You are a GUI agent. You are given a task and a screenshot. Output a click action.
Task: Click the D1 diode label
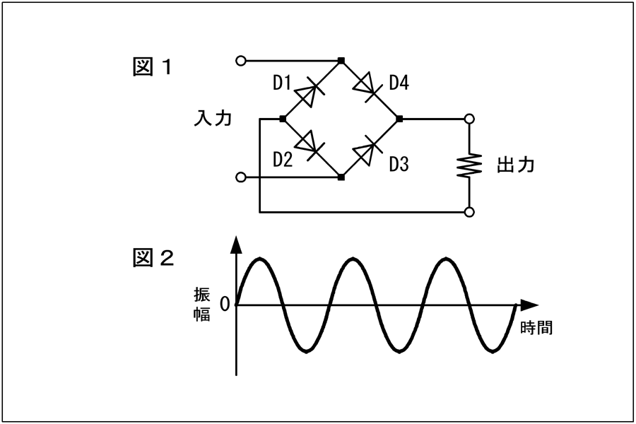coord(282,83)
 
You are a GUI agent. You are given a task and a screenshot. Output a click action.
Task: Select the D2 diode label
coord(283,160)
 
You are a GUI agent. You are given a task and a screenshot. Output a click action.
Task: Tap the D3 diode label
coord(399,164)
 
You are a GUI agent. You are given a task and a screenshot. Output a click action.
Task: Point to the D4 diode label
coord(399,83)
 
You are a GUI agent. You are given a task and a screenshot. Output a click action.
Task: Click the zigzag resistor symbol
coord(469,165)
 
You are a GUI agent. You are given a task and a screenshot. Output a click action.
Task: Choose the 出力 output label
coord(516,165)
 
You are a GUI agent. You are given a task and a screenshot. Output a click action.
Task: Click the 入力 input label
coord(213,118)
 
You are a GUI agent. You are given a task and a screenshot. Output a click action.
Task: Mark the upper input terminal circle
coord(241,61)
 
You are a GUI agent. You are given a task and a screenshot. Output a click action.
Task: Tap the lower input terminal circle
coord(241,177)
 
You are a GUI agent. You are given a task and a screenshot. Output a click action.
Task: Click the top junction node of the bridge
coord(341,61)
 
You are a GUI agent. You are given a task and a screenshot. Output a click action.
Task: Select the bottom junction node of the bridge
coord(341,177)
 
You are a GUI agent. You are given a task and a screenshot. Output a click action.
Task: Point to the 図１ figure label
coord(153,67)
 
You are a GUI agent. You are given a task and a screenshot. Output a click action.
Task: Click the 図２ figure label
coord(153,258)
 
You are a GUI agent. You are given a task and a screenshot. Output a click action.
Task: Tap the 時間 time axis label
coord(536,327)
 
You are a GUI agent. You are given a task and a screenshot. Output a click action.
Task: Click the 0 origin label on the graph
coord(225,305)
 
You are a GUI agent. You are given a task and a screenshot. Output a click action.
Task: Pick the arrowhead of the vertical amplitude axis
coord(236,245)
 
